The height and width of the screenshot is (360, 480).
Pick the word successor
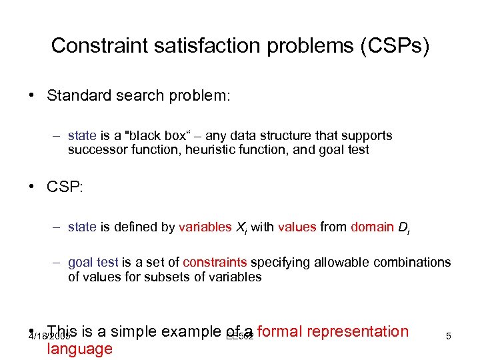(x=95, y=150)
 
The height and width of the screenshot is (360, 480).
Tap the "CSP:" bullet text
(x=65, y=187)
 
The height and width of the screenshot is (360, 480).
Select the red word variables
(x=205, y=227)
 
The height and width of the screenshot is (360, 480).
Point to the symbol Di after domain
(x=403, y=228)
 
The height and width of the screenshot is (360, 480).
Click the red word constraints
(x=215, y=263)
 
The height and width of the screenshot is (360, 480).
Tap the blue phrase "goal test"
(x=93, y=263)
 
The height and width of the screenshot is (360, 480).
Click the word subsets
(x=171, y=277)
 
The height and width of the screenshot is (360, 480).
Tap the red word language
(x=79, y=349)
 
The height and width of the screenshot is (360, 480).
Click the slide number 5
(x=449, y=337)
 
